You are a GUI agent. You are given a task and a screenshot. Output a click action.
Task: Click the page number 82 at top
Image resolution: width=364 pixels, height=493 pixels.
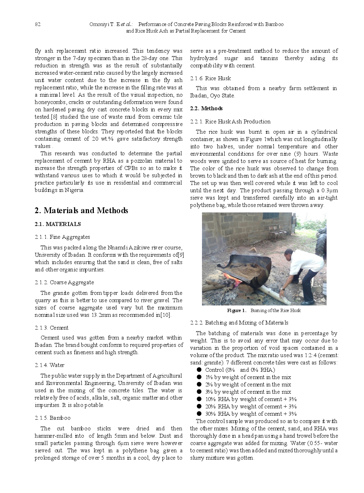click(37, 25)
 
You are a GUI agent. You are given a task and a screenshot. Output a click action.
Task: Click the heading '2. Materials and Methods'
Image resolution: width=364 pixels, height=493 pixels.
click(81, 211)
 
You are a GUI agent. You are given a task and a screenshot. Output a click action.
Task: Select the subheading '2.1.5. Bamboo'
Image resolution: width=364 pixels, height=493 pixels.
click(52, 418)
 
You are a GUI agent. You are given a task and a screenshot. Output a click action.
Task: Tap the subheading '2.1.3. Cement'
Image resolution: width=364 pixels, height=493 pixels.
click(51, 328)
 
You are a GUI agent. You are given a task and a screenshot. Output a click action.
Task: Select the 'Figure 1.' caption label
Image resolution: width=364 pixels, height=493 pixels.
click(236, 311)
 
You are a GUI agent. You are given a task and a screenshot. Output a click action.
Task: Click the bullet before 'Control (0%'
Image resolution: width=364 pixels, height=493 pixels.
click(199, 370)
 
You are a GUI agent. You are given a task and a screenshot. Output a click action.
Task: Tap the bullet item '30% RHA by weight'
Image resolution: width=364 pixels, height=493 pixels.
click(250, 414)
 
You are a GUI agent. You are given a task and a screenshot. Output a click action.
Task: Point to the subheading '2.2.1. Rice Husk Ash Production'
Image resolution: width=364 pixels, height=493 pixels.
click(230, 122)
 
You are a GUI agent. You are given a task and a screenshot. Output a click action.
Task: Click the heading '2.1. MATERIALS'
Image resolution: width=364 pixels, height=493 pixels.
click(58, 224)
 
